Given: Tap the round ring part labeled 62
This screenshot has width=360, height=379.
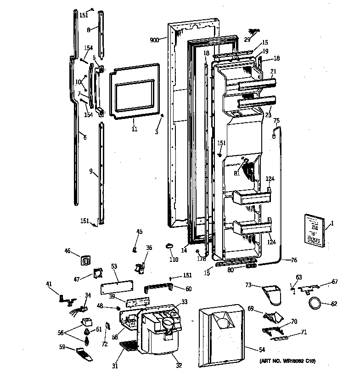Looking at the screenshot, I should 314,303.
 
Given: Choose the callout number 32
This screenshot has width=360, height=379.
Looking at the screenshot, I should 179,366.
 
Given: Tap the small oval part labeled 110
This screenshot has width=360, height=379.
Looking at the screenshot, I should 170,246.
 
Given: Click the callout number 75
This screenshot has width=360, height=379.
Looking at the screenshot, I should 276,121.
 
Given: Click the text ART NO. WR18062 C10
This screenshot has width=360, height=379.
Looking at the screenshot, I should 288,362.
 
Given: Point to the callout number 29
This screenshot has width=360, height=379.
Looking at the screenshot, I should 247,40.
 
